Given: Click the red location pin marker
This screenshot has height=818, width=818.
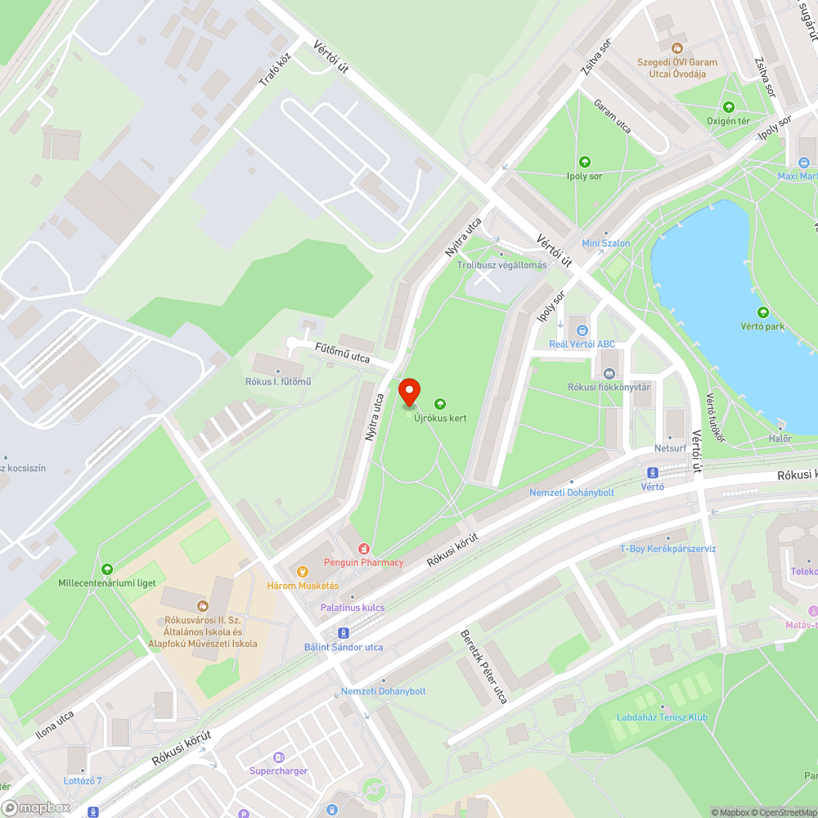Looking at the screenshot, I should pos(409,393).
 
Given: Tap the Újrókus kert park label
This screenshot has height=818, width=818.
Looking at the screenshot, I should pos(440,418).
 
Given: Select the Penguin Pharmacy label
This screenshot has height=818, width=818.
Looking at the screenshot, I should pos(364,562).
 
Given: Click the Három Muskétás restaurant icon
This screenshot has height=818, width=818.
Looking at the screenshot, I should pos(302,571).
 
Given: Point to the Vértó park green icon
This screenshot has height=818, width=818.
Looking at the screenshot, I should pos(763,312).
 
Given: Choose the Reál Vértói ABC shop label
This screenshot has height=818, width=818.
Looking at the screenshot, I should pos(582,344).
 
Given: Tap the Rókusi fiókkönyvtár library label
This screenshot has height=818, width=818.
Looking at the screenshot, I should pos(609,387).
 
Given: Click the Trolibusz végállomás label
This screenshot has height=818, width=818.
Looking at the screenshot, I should pos(501,265).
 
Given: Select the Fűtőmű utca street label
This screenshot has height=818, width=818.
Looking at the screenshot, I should pos(342,353).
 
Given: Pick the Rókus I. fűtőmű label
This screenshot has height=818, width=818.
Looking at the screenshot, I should pos(278,382).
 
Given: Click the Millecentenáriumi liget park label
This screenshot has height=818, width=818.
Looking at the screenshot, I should pos(107,583).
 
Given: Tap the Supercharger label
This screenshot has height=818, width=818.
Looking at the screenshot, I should pos(279,771).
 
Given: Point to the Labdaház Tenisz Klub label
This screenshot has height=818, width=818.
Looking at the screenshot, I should pos(663,717).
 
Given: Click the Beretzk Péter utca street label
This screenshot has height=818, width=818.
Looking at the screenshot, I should pos(483,667).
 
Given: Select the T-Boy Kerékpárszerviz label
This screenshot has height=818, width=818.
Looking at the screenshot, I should pos(667,548).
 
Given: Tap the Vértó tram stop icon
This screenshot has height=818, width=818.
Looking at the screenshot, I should pos(653,473).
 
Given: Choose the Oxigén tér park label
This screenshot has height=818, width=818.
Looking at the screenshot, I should pos(728,121).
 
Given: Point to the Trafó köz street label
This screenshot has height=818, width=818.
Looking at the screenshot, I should pos(275,70).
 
